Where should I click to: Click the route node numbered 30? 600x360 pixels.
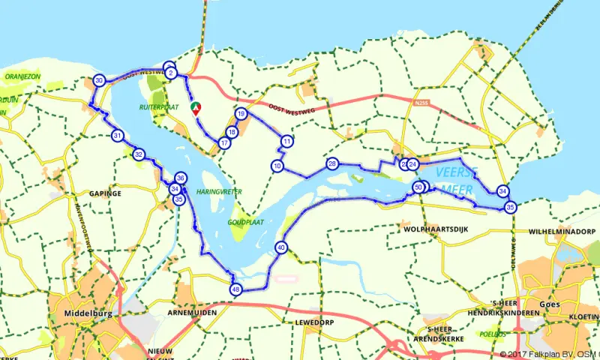(x=99, y=81)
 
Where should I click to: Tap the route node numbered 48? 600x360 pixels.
(x=236, y=289)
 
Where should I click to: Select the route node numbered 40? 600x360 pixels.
(x=281, y=247)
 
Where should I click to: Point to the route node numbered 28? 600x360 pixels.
(x=332, y=163)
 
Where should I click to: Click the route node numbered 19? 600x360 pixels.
(x=241, y=114)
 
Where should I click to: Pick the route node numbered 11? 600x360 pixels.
(x=286, y=141)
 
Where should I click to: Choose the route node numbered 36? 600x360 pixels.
(x=180, y=178)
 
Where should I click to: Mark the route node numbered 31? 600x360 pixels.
(x=118, y=136)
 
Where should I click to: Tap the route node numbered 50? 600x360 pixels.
(x=418, y=187)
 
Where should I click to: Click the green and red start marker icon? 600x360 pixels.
(x=196, y=108)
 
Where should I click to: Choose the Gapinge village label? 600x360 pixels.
(x=105, y=193)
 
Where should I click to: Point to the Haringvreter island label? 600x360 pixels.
(x=218, y=192)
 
